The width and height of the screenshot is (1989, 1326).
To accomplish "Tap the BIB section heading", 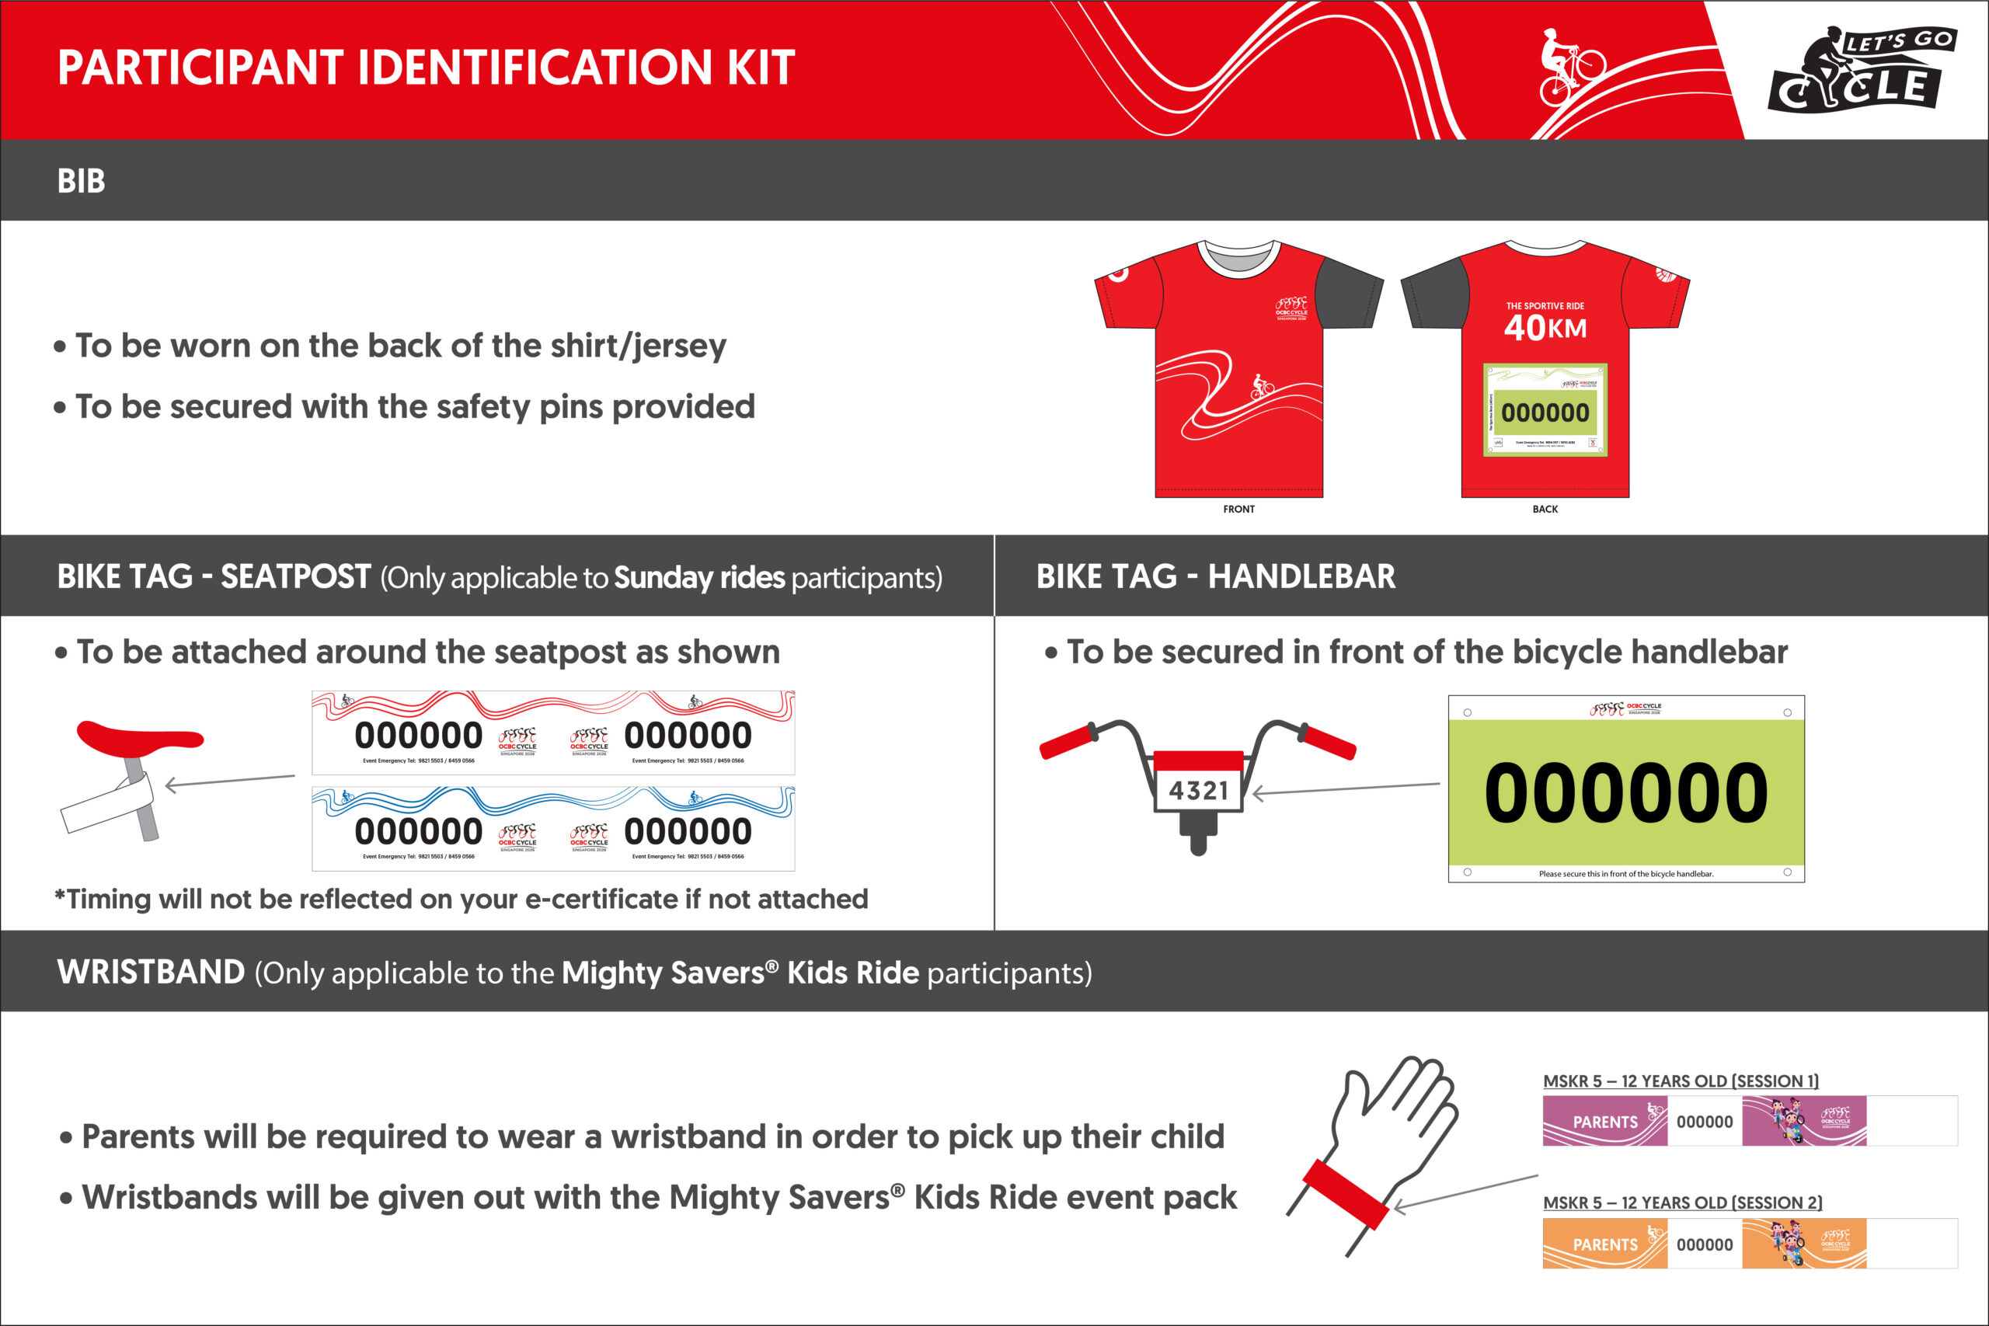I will click(81, 181).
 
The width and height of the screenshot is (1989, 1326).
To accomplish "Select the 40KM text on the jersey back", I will click(1545, 327).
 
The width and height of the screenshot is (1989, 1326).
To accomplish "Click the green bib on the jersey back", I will click(1545, 410).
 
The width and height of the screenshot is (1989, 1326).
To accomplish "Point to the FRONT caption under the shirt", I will click(1239, 509).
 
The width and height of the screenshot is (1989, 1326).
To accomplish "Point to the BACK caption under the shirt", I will click(1545, 509).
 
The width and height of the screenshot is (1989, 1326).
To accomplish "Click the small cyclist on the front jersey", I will click(1262, 387).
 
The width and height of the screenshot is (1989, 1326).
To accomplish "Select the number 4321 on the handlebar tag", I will click(1198, 791).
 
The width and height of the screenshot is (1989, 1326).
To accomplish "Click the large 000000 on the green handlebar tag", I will click(1625, 792).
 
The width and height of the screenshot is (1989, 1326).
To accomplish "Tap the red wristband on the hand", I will click(1346, 1193).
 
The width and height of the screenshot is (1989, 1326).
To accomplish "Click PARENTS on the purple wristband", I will click(1605, 1122).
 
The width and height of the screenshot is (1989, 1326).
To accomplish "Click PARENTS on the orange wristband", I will click(1605, 1244).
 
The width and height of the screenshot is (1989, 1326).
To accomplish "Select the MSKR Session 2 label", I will click(1682, 1202).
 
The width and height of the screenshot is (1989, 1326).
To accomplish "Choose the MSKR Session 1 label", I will click(1681, 1081).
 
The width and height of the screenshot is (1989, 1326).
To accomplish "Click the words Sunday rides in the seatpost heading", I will click(699, 578).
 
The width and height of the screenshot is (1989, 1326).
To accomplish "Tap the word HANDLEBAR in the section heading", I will click(1301, 576).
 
